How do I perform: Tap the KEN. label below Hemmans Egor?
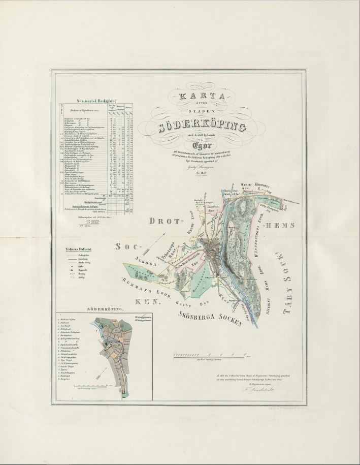(148, 301)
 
